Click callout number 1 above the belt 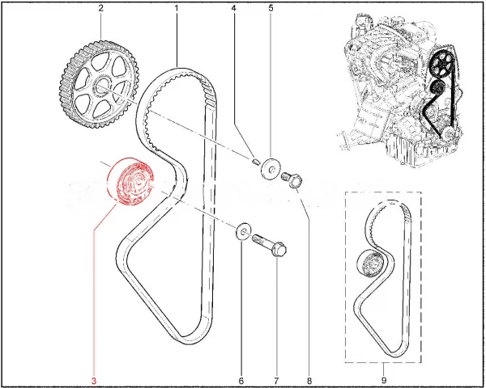click(177, 8)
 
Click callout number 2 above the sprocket click(101, 8)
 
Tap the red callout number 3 click(94, 381)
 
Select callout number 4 click(234, 8)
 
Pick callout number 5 click(271, 8)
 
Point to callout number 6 click(241, 381)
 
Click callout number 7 click(276, 381)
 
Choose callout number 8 click(309, 381)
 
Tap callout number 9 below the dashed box click(384, 380)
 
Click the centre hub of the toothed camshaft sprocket click(102, 86)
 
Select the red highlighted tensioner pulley click(130, 182)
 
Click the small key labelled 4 click(255, 162)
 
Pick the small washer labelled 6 click(244, 230)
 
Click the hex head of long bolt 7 click(279, 249)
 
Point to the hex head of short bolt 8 click(296, 182)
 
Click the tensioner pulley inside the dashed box click(370, 263)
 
